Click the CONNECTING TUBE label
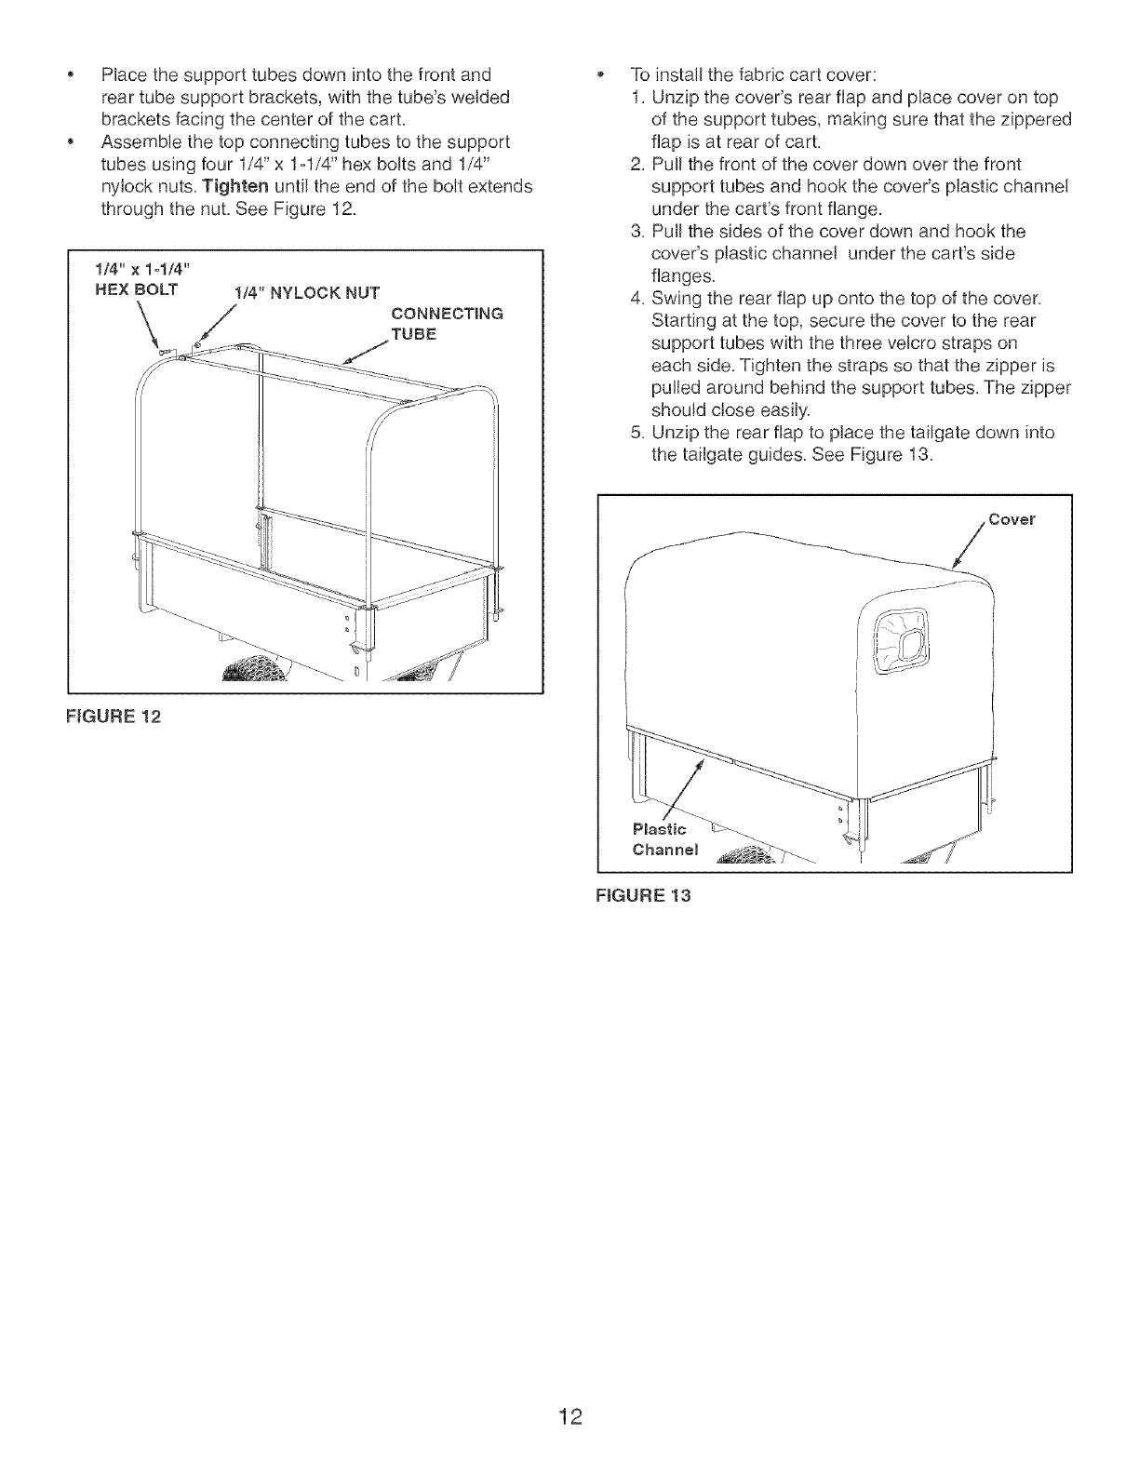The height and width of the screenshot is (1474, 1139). (x=446, y=322)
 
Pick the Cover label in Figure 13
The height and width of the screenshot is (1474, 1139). (x=1012, y=519)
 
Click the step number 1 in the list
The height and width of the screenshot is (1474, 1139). (x=635, y=99)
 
